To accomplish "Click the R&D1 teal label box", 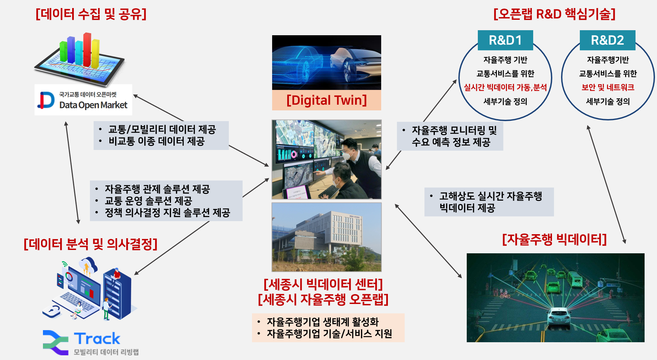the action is [x=505, y=40].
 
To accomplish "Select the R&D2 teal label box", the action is [x=608, y=40].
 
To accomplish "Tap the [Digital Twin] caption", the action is [x=326, y=100].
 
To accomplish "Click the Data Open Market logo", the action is [x=83, y=100].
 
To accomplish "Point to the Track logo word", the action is [x=97, y=339].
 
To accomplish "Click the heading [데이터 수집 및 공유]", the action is [x=91, y=14].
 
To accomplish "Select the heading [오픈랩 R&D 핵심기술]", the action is [x=554, y=14].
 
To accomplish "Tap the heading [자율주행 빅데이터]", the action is [x=554, y=240].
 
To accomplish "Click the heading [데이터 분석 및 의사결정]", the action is [x=91, y=244].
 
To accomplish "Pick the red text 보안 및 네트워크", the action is [x=608, y=88].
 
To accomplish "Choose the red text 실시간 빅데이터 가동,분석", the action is [x=505, y=88].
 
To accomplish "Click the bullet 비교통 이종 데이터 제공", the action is [x=156, y=141].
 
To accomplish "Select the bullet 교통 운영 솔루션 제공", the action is [x=148, y=201].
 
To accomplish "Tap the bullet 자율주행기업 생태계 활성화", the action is [x=322, y=322].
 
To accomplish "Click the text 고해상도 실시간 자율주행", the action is [x=491, y=196].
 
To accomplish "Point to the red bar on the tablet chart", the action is [x=87, y=49].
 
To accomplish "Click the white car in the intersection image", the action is [x=559, y=317].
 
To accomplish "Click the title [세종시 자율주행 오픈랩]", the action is [x=323, y=299].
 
